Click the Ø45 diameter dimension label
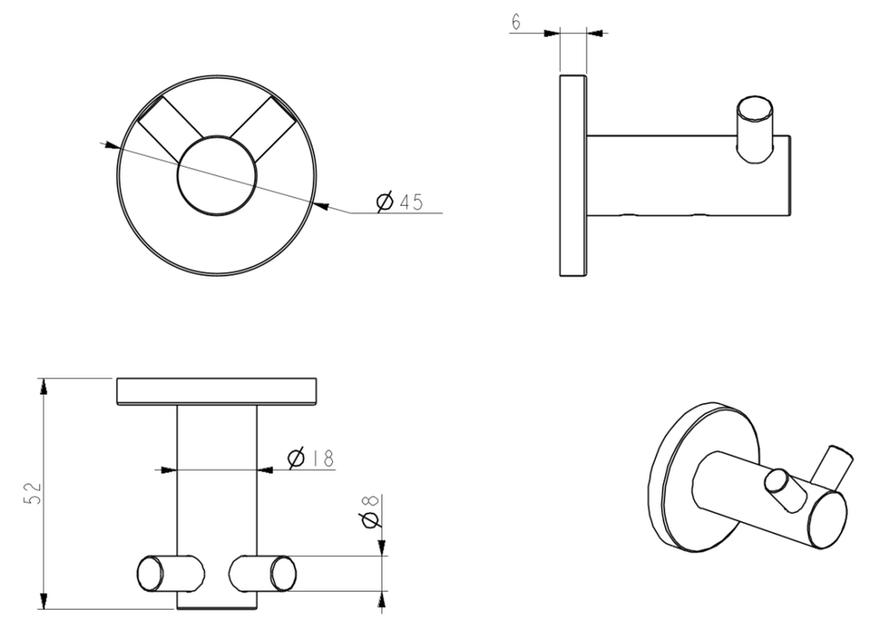pos(400,201)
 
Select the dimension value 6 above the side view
pos(516,22)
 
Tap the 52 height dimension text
pos(33,494)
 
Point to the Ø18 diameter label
pos(311,458)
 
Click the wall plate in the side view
pos(574,176)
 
